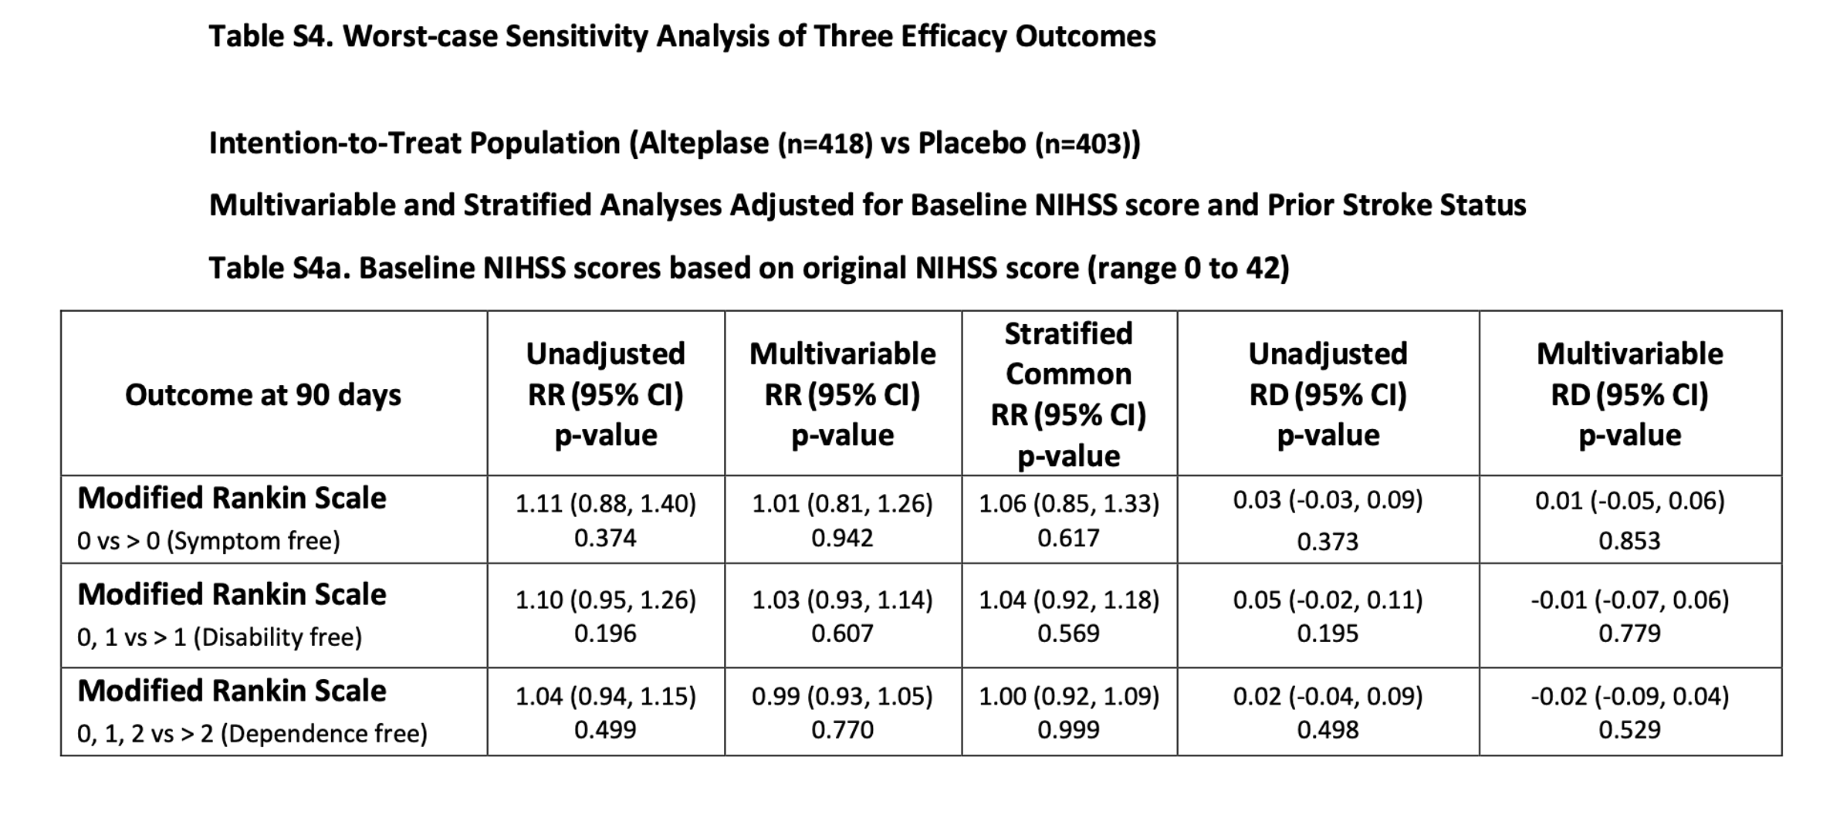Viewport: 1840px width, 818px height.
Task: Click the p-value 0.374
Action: tap(605, 538)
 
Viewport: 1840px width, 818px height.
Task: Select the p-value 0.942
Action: tap(842, 538)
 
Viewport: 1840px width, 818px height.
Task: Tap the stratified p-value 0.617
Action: tap(1068, 538)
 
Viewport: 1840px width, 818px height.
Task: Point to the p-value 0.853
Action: tap(1629, 541)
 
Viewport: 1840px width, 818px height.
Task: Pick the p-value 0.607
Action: tap(842, 634)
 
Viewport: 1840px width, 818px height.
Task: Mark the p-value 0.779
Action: tap(1629, 634)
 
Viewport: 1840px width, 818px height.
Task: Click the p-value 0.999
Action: tap(1068, 730)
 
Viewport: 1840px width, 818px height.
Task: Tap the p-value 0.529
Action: tap(1629, 730)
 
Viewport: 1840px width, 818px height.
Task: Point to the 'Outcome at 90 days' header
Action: tap(263, 395)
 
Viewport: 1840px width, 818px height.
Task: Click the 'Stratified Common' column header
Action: tap(1069, 354)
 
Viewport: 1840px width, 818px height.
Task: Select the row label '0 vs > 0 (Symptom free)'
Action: tap(208, 541)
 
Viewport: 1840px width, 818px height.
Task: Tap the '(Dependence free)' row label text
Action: tap(324, 733)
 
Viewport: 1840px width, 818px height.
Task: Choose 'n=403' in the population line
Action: tap(1083, 144)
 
